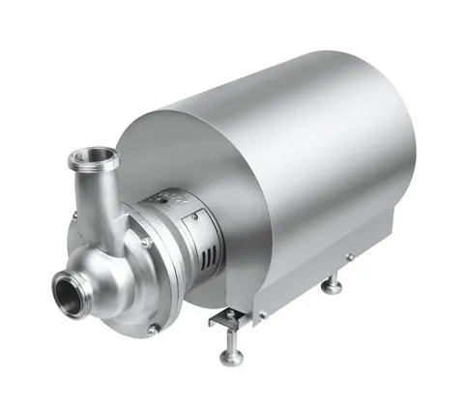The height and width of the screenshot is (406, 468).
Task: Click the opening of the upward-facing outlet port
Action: click(x=95, y=155)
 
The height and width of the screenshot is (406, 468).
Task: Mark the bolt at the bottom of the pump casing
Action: click(x=151, y=330)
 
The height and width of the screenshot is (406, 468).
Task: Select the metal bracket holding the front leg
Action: click(x=224, y=318)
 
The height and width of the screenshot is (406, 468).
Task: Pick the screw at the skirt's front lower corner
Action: click(x=261, y=313)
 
